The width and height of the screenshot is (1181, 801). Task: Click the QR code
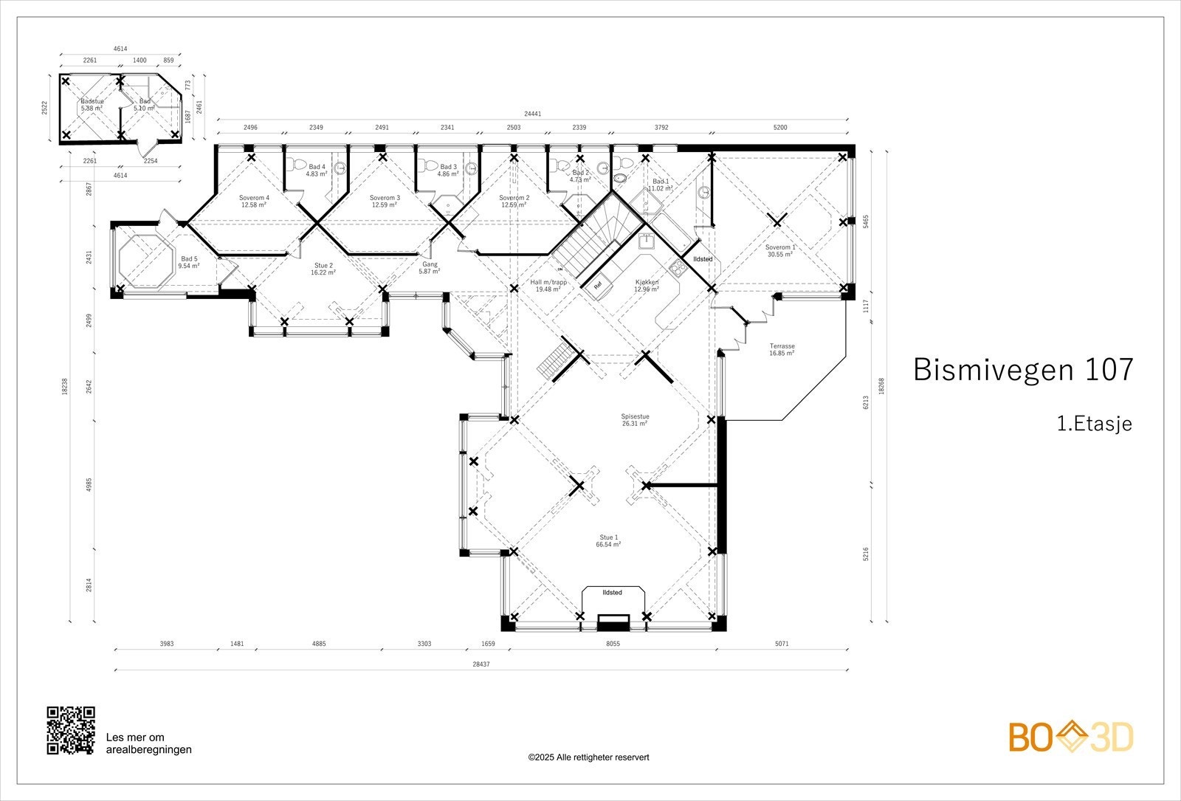point(71,730)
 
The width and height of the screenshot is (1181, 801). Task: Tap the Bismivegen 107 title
point(1022,369)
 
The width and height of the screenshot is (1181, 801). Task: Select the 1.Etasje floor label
point(1094,424)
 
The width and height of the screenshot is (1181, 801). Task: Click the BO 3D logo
point(1070,737)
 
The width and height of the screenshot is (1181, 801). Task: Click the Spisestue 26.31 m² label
point(635,420)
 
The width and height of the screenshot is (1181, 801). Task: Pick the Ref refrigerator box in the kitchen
point(597,285)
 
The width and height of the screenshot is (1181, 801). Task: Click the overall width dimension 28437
point(481,664)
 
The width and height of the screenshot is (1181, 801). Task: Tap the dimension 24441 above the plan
point(532,114)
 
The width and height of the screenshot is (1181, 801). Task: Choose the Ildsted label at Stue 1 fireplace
point(612,592)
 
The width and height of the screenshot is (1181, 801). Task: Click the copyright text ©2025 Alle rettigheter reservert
point(588,757)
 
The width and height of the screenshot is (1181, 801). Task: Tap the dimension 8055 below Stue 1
point(612,644)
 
